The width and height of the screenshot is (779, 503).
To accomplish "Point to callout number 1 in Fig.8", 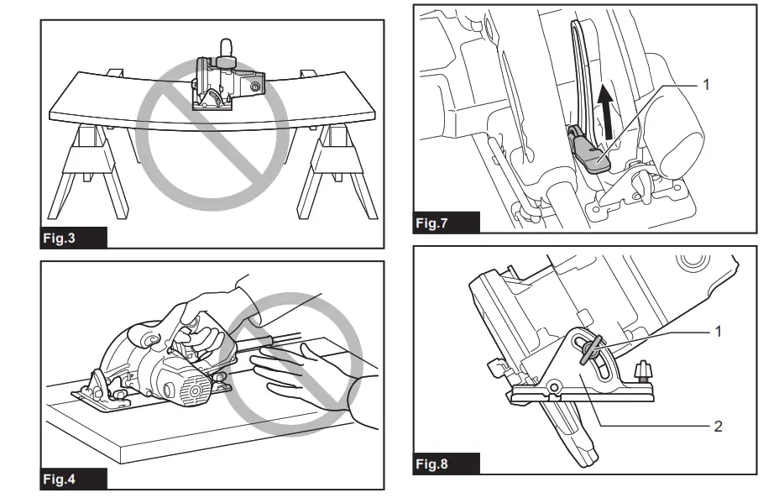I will [x=718, y=332].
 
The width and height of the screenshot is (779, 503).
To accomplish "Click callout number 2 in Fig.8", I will [x=718, y=426].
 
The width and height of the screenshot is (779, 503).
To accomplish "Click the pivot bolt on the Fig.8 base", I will [x=554, y=387].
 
